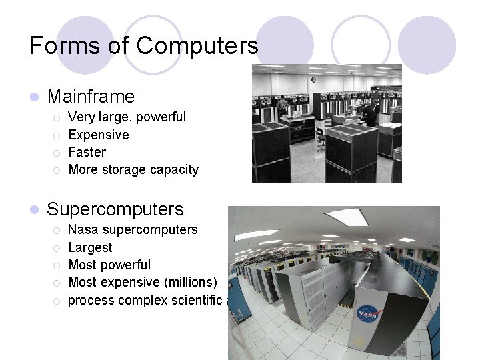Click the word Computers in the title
click(x=197, y=45)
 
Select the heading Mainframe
click(x=91, y=97)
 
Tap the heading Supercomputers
click(x=115, y=209)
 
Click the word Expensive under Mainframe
click(x=99, y=135)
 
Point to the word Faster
click(x=87, y=152)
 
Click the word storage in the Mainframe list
click(x=123, y=170)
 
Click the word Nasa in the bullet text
click(x=83, y=230)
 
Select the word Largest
click(x=91, y=248)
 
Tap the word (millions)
click(x=189, y=283)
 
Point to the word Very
click(x=81, y=117)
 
